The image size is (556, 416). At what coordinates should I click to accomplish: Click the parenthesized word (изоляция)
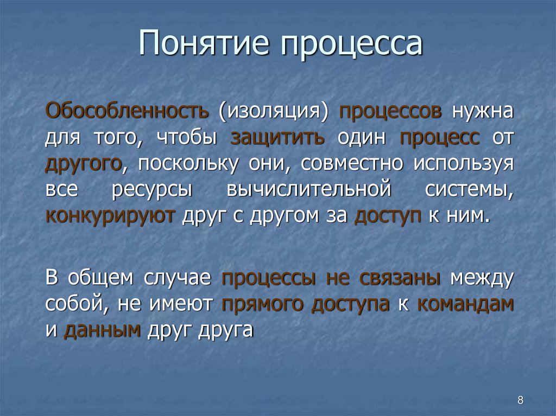point(275,112)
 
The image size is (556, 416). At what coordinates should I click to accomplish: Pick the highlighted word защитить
point(278,137)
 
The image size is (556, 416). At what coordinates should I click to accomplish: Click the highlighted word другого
point(83,163)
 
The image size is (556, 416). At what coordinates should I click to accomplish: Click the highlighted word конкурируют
point(110,215)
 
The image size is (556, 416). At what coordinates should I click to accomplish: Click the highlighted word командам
point(465,304)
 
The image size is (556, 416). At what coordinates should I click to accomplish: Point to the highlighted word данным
point(103,330)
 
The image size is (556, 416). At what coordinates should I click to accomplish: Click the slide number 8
point(521,401)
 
